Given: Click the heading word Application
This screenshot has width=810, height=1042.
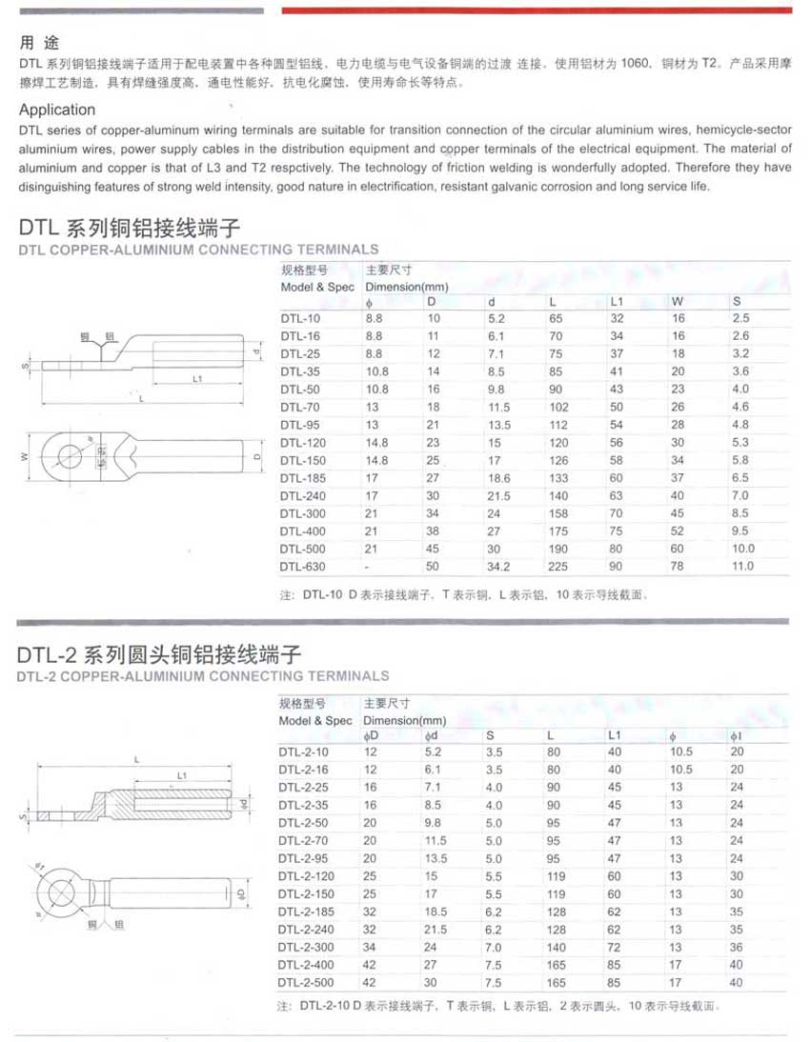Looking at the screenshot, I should click(57, 110).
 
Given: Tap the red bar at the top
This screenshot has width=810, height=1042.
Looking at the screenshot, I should click(537, 10).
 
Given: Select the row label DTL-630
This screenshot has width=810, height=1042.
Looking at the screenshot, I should click(302, 567).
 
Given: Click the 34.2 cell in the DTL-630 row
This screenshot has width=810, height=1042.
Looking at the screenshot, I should click(499, 567).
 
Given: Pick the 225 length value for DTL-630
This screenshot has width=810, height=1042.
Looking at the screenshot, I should click(558, 567).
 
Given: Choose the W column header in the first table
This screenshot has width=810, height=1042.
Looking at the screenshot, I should click(678, 302).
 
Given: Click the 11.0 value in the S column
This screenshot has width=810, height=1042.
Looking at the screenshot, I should click(743, 567).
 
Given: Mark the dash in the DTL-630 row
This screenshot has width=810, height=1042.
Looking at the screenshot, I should click(368, 567).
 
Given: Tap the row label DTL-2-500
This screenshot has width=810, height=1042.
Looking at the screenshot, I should click(306, 983).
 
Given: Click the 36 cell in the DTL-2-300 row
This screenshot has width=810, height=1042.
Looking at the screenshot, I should click(737, 947).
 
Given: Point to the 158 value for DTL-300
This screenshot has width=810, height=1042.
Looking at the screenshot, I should click(558, 513).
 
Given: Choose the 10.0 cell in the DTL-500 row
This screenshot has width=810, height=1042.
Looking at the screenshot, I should click(743, 549).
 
